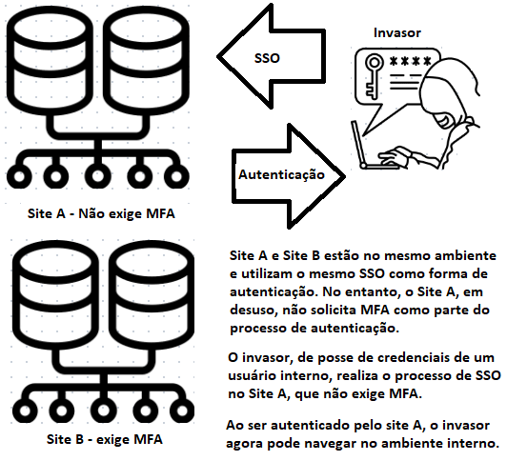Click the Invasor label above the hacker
[x=395, y=33]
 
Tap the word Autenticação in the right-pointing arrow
[x=281, y=175]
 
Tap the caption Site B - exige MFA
[x=104, y=440]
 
